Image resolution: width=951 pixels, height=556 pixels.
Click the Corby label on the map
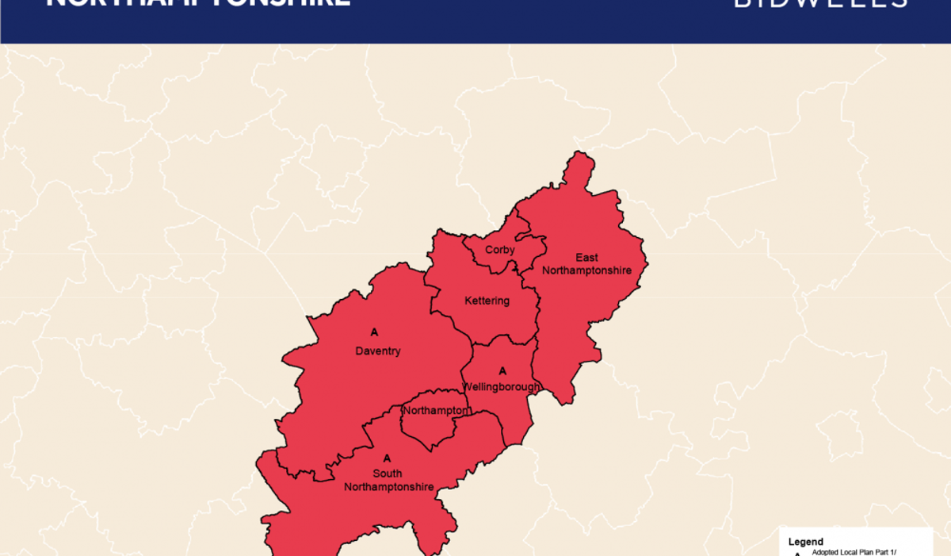pyautogui.click(x=500, y=250)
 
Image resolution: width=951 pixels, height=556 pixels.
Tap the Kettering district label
pyautogui.click(x=487, y=301)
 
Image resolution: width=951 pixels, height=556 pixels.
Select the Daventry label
pyautogui.click(x=377, y=351)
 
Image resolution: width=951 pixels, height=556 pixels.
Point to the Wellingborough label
pyautogui.click(x=502, y=387)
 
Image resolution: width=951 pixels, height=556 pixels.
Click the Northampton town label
pyautogui.click(x=436, y=411)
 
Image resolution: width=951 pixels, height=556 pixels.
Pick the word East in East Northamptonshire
pyautogui.click(x=587, y=258)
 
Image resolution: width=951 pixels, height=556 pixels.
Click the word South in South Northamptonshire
pyautogui.click(x=388, y=474)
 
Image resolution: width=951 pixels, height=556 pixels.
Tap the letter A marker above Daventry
pyautogui.click(x=375, y=332)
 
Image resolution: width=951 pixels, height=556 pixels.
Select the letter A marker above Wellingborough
pyautogui.click(x=502, y=371)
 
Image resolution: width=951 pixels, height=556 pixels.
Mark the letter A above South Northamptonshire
pyautogui.click(x=387, y=458)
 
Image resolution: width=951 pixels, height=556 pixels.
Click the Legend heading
pyautogui.click(x=805, y=543)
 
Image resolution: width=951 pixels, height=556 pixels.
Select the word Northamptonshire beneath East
pyautogui.click(x=586, y=270)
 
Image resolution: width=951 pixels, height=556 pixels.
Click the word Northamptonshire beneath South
pyautogui.click(x=389, y=487)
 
